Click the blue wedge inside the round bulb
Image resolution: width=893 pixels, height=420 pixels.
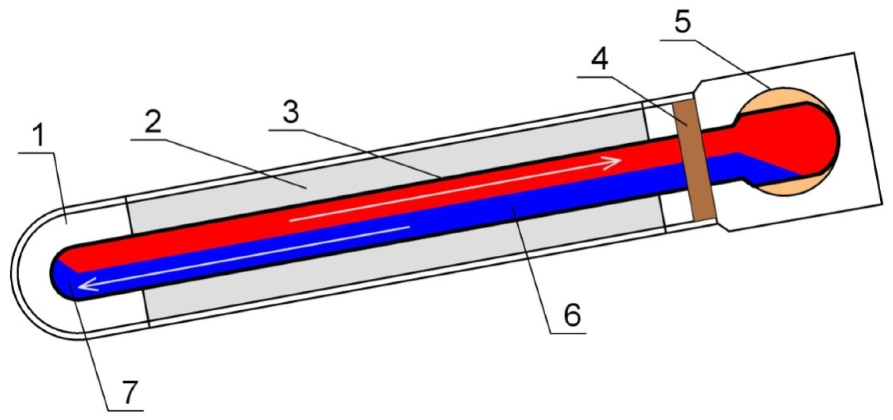tap(773, 168)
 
